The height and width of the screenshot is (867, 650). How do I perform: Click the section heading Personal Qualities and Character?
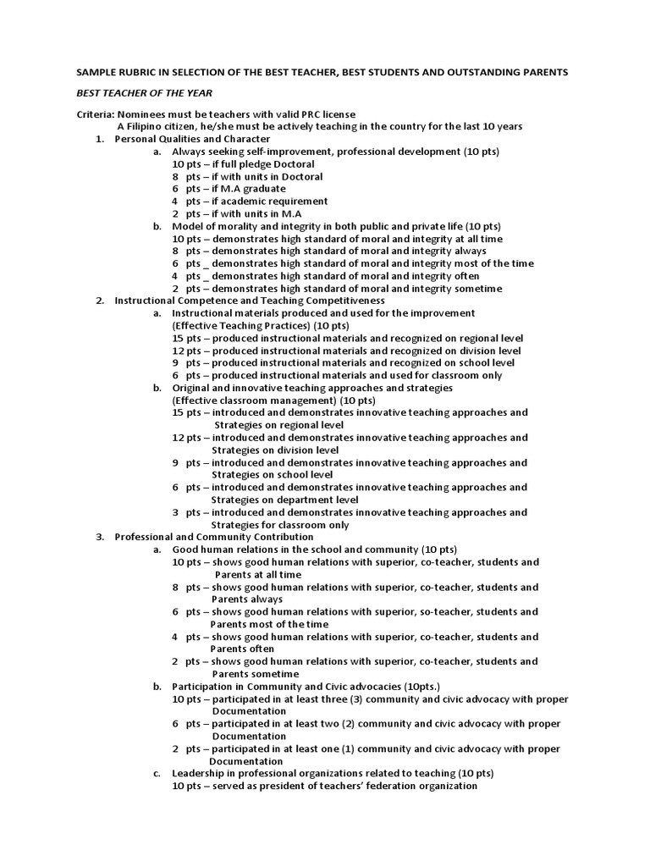point(192,139)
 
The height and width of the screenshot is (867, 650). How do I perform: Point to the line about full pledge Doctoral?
point(244,163)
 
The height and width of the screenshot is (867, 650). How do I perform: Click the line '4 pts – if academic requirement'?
point(250,202)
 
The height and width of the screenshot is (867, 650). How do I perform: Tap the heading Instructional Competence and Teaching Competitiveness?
point(250,301)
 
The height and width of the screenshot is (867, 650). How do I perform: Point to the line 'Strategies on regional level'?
point(278,425)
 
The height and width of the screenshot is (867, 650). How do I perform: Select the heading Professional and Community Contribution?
point(214,537)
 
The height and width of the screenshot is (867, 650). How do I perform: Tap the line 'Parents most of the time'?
point(269,624)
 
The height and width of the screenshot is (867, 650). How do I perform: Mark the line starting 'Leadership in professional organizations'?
point(333,773)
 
